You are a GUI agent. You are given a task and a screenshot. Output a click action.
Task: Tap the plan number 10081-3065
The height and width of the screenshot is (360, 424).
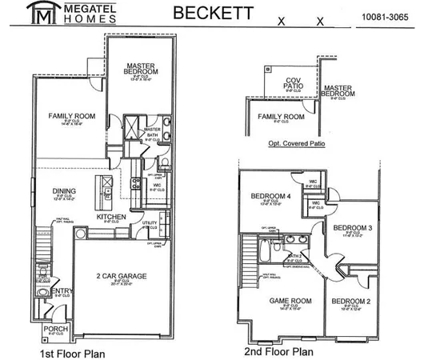384,16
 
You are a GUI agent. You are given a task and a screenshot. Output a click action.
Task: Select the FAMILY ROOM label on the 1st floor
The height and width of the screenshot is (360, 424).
71,117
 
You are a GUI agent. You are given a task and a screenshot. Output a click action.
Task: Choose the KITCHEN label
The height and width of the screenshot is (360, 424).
113,217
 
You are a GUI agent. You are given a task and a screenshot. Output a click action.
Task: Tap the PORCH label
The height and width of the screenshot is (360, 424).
54,328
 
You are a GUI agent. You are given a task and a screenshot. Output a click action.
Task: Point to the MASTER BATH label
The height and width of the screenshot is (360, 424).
153,134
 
